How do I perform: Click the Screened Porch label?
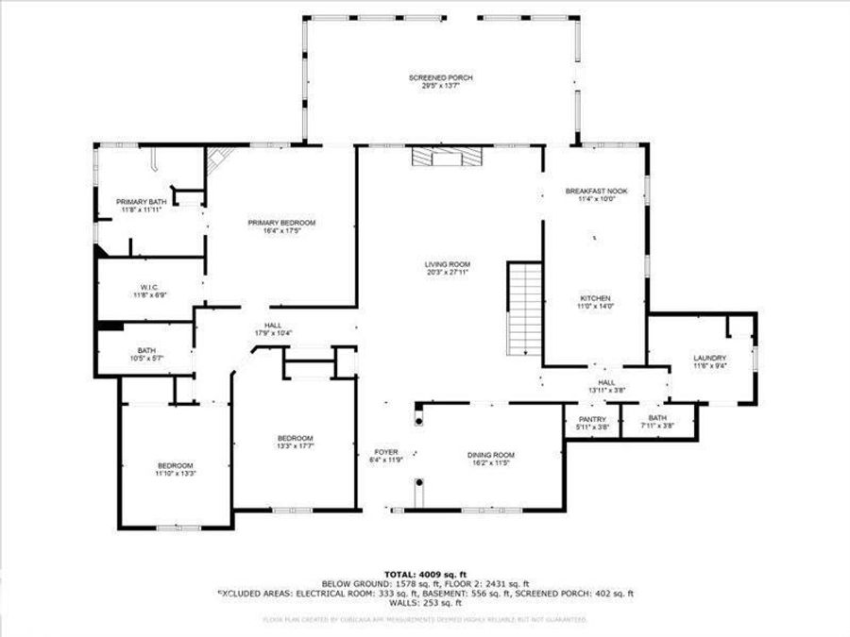440,77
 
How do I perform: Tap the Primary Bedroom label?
281,223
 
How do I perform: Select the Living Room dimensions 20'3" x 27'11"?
447,272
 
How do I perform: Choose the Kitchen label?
595,298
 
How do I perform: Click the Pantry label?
592,420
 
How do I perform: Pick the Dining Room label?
491,455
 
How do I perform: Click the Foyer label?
385,452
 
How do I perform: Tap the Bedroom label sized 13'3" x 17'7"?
295,438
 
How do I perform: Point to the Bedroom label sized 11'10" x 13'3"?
176,465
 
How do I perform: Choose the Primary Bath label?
140,202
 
